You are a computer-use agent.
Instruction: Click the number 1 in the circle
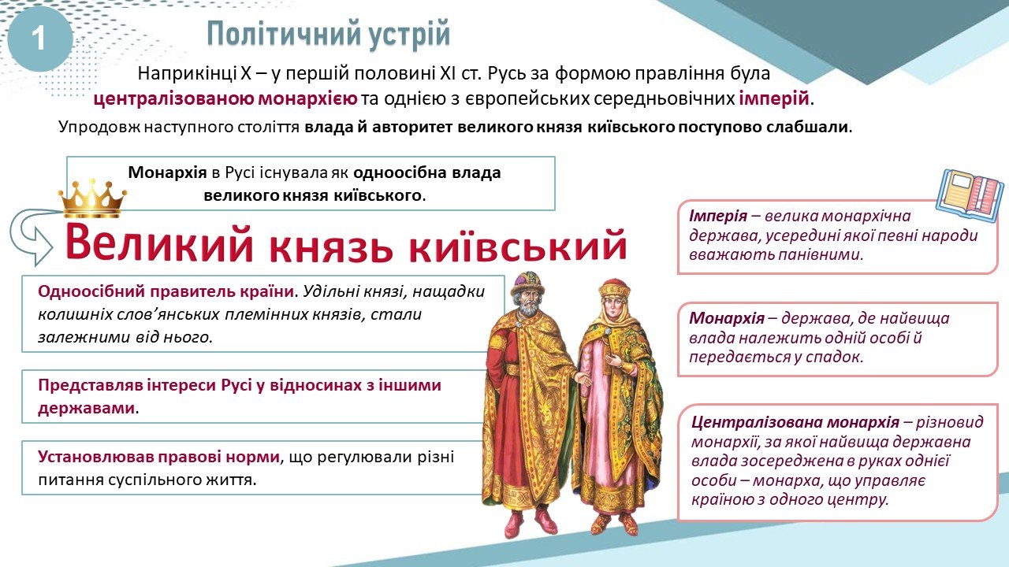[x=39, y=39]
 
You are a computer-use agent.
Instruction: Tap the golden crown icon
[x=92, y=198]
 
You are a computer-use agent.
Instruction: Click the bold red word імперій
[x=774, y=98]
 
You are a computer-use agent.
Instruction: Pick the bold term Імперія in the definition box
[x=718, y=216]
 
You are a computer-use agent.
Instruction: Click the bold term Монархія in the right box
[x=727, y=318]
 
